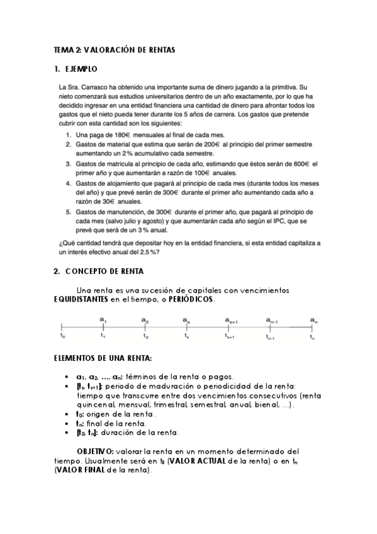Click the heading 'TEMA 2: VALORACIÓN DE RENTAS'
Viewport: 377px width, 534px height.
[x=114, y=49]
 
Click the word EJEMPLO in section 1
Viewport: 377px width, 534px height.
[x=82, y=69]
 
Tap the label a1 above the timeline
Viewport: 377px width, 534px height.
[x=103, y=321]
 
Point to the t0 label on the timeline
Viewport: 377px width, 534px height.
[x=62, y=337]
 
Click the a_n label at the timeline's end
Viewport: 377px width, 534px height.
[x=313, y=321]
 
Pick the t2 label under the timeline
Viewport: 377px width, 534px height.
[x=145, y=337]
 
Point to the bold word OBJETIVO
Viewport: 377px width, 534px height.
[x=95, y=452]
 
